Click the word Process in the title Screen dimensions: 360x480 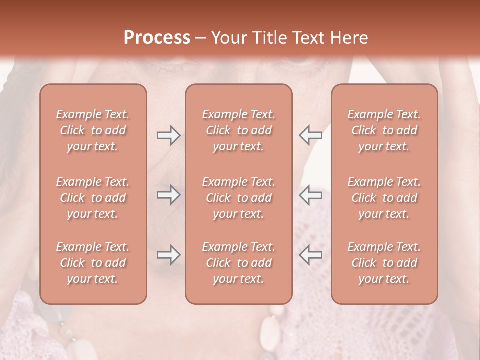157,38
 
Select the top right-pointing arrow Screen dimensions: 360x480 168,135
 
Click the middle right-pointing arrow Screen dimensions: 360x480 168,195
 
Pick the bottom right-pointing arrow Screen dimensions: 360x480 168,255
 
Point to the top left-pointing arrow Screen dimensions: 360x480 310,135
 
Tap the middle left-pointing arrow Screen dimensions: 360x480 310,195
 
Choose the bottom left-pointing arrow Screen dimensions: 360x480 310,255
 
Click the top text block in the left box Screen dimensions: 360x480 93,130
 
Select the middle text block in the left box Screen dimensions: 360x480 93,198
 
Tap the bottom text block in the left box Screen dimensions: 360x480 93,263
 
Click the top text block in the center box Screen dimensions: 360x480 238,130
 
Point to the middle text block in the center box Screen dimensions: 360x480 238,198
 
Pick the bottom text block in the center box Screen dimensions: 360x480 238,263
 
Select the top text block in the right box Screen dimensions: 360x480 384,130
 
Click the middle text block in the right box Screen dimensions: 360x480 384,198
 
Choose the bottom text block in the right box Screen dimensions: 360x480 384,263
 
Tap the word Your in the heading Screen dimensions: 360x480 229,38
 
